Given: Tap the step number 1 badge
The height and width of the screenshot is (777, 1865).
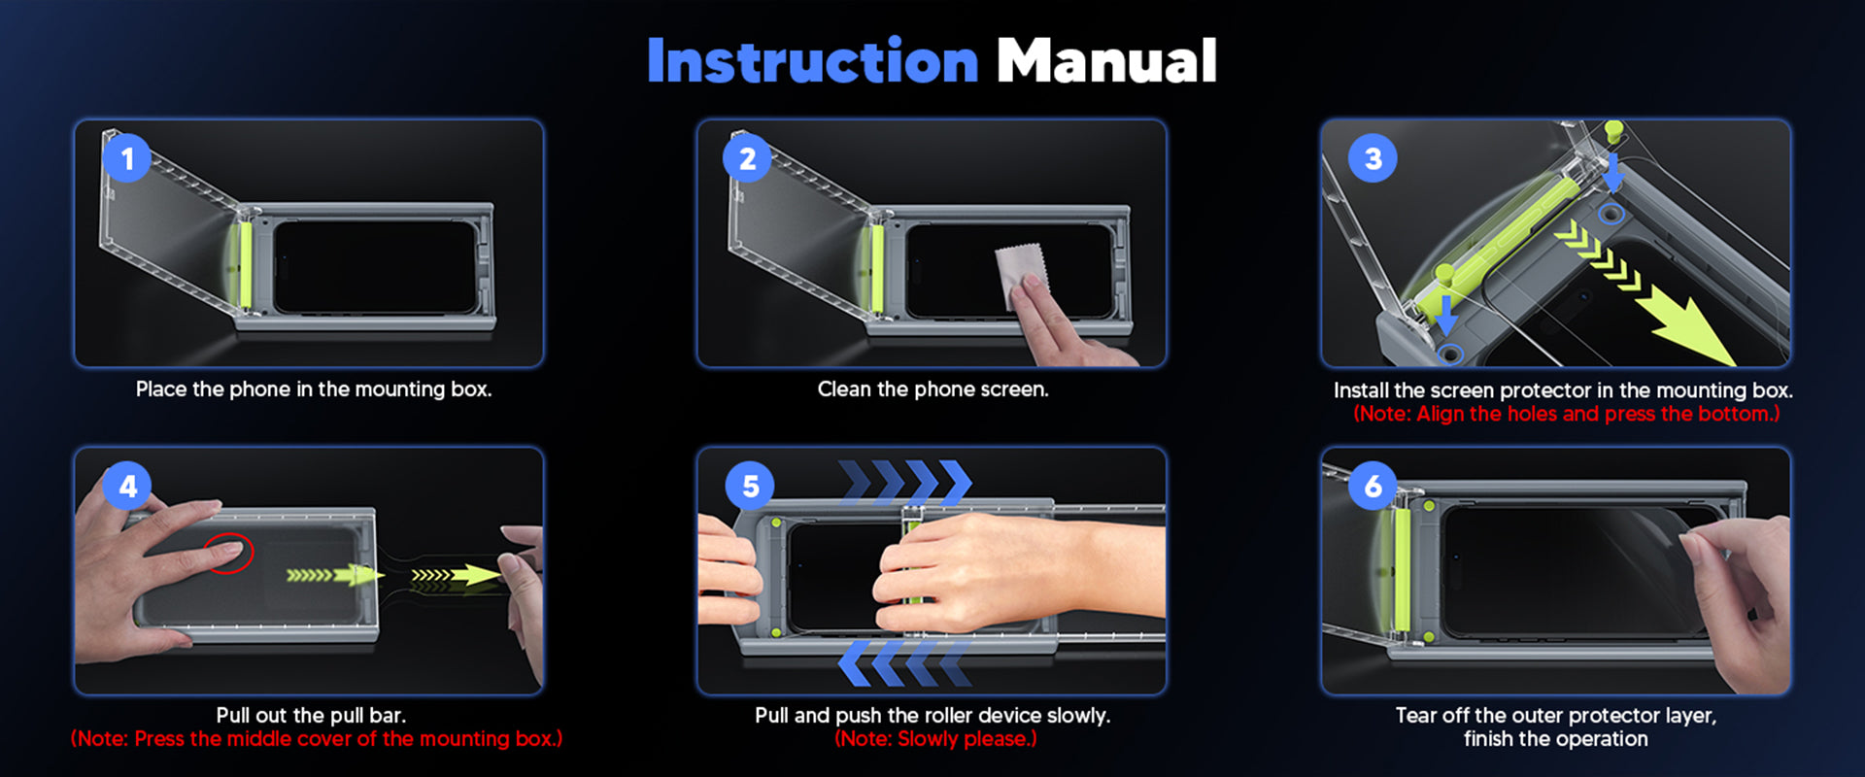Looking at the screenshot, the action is click(x=126, y=158).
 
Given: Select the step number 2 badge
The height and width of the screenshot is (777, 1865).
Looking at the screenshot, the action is click(x=747, y=158).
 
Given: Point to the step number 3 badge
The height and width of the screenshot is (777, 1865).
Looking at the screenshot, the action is click(x=1373, y=158).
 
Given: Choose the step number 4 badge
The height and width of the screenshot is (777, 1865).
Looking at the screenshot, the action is click(x=127, y=486).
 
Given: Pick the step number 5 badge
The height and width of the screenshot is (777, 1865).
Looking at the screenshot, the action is click(x=750, y=486).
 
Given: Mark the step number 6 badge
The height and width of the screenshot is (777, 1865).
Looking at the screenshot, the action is click(x=1373, y=486).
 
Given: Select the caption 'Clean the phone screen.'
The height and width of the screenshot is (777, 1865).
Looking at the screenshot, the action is click(x=932, y=389).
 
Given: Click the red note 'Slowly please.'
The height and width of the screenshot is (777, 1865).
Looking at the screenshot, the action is click(x=935, y=739).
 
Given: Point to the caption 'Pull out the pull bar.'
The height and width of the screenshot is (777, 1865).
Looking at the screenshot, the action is click(x=311, y=716).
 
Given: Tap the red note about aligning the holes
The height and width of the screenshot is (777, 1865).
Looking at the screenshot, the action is click(x=1566, y=414).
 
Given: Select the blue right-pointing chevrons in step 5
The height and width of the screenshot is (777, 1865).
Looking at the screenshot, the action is click(x=905, y=483).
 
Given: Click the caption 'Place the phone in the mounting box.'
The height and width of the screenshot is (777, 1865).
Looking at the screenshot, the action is click(x=314, y=389).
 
